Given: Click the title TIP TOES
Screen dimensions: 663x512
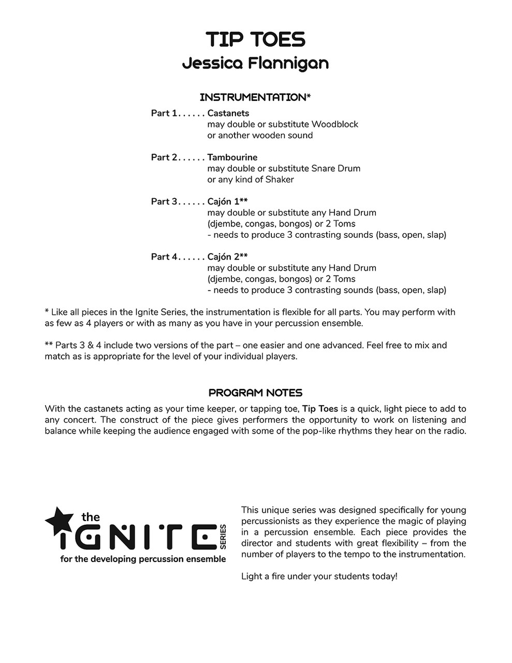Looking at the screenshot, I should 255,39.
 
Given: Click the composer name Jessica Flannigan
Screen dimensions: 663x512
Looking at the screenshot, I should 255,63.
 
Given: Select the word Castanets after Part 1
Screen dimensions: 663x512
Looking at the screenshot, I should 228,113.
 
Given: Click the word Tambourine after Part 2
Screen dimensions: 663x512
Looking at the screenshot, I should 232,157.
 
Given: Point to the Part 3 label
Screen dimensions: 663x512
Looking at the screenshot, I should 164,201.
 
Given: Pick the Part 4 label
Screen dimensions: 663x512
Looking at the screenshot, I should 164,257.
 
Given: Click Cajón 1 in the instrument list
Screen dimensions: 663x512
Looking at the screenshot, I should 224,201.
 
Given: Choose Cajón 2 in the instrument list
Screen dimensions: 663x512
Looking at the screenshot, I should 224,257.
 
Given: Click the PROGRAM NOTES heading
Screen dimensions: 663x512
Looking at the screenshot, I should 255,393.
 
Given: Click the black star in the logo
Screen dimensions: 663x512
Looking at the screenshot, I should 58,520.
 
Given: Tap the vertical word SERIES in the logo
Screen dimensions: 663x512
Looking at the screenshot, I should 223,537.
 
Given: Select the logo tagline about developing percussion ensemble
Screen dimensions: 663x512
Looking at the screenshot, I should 143,559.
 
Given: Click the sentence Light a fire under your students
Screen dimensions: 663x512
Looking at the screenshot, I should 319,576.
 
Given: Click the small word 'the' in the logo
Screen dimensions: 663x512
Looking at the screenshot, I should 91,517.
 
